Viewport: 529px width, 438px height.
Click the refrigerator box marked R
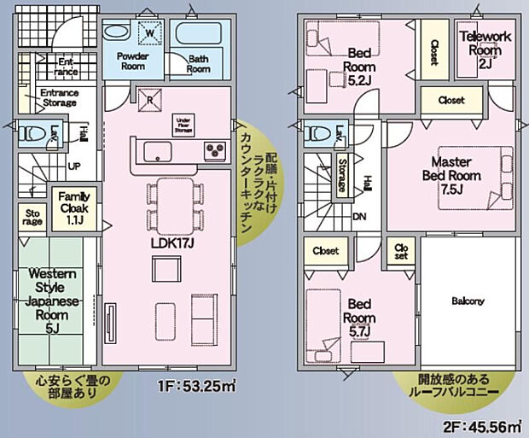151,98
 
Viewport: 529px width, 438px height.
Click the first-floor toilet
34,134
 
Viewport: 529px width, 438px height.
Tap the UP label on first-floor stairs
75,166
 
